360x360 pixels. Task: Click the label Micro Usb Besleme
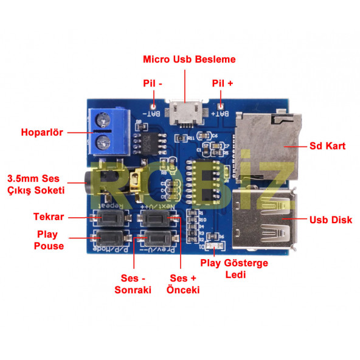point(189,60)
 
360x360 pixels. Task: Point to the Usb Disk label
point(330,220)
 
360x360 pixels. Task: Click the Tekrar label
point(49,216)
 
